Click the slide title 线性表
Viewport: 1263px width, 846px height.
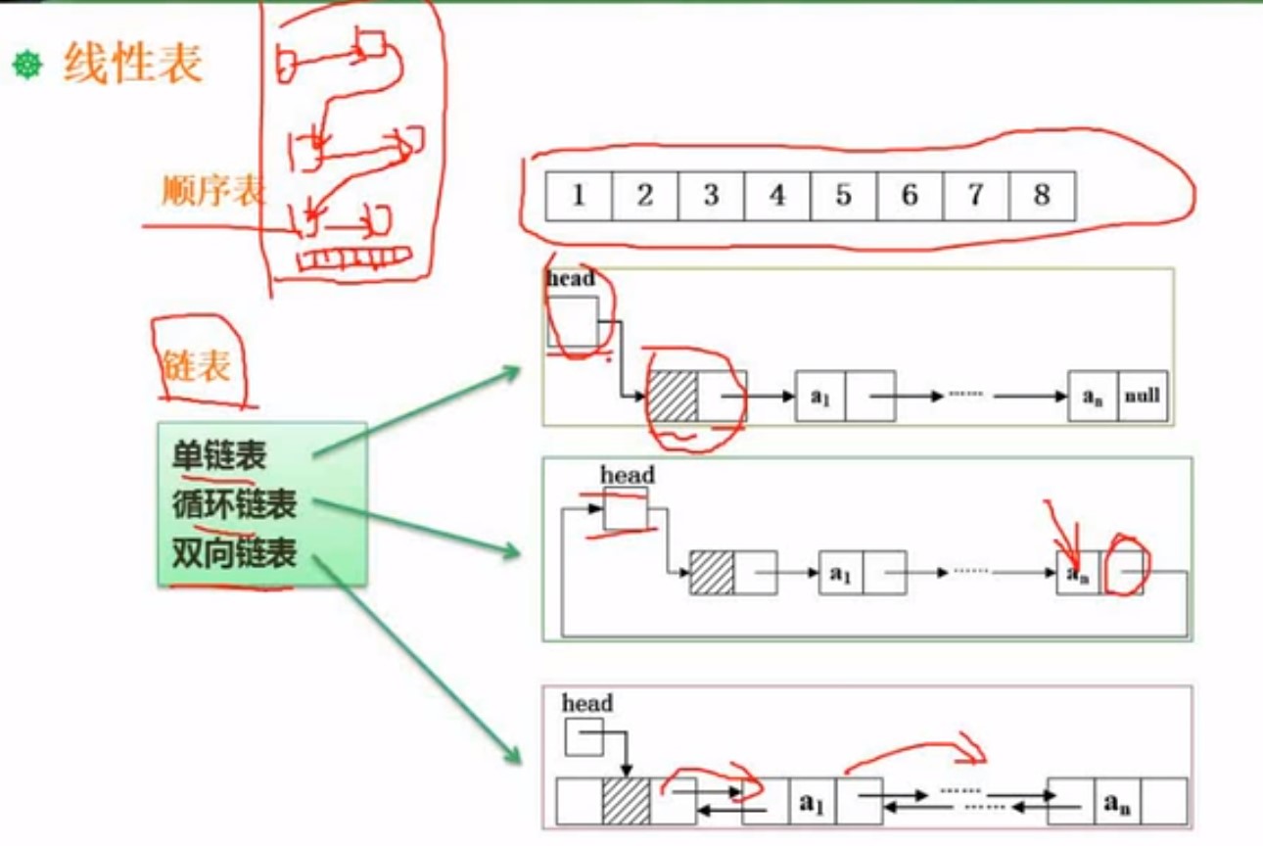click(x=133, y=65)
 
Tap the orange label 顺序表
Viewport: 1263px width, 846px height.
click(x=213, y=191)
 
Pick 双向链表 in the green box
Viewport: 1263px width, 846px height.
click(x=234, y=554)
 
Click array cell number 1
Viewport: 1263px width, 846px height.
click(x=579, y=196)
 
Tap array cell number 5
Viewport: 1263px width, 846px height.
click(x=843, y=196)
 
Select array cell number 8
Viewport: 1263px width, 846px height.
click(x=1041, y=196)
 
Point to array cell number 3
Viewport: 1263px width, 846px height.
click(x=711, y=196)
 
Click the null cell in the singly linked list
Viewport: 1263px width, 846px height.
click(x=1143, y=397)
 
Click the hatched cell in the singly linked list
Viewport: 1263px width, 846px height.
click(x=673, y=397)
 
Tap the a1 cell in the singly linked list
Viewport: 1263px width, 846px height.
click(x=820, y=397)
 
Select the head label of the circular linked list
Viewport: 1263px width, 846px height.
click(x=628, y=476)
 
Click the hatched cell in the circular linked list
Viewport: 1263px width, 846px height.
click(x=712, y=573)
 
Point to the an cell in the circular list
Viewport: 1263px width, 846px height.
click(x=1078, y=573)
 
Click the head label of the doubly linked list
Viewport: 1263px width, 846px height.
click(x=587, y=703)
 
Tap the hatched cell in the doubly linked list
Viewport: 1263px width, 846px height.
click(x=626, y=801)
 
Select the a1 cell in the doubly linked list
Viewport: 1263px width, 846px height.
click(x=811, y=801)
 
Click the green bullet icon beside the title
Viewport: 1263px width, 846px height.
click(x=27, y=66)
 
